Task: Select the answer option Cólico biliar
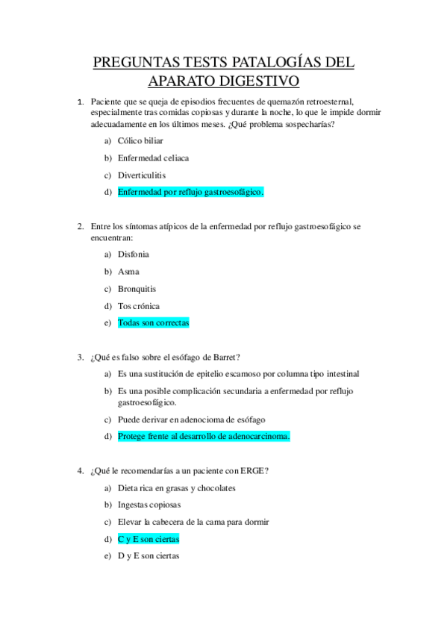[x=140, y=140]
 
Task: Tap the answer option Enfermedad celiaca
[x=153, y=158]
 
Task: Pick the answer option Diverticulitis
[x=142, y=175]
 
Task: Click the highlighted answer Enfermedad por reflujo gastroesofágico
[x=190, y=192]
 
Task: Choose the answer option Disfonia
[x=134, y=255]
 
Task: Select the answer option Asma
[x=128, y=272]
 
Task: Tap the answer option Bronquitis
[x=137, y=289]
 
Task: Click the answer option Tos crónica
[x=139, y=306]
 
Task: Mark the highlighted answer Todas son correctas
[x=154, y=323]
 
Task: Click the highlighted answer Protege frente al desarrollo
[x=203, y=436]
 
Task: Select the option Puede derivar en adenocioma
[x=191, y=420]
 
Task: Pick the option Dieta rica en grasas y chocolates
[x=176, y=487]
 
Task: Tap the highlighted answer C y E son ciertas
[x=149, y=539]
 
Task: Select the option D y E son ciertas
[x=149, y=556]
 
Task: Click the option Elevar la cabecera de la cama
[x=193, y=522]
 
